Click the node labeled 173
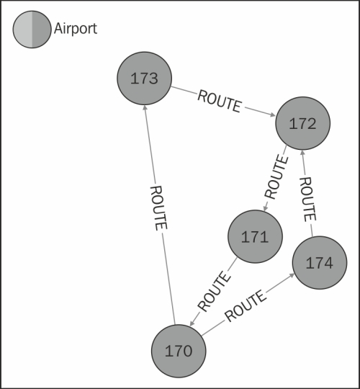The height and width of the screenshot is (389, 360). (144, 78)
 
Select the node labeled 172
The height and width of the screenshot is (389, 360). (302, 123)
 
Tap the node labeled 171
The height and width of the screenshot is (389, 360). (255, 236)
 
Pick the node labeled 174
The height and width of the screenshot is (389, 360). (320, 263)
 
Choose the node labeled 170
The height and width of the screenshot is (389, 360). (179, 351)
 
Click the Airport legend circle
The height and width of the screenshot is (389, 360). (32, 30)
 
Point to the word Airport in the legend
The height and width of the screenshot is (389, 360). (76, 28)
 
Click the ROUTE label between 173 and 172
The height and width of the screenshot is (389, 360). (219, 102)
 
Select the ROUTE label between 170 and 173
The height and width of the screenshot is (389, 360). (158, 208)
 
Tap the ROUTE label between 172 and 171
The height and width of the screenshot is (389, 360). (276, 176)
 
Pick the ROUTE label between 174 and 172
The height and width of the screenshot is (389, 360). (308, 200)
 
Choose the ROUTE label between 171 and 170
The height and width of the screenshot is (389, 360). (214, 292)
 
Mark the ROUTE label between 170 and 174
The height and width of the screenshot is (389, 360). (246, 306)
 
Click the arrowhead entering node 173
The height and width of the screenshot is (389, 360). (145, 108)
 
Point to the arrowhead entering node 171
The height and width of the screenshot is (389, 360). (265, 208)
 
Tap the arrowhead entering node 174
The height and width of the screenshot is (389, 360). (292, 275)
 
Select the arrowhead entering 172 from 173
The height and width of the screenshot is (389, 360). (272, 115)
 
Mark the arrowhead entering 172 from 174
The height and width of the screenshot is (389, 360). (302, 153)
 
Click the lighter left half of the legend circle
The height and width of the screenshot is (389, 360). (22, 30)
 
